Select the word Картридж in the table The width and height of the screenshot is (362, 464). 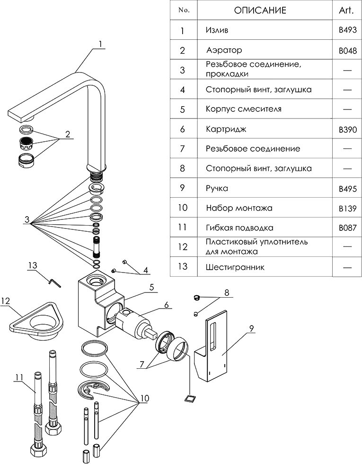(x=223, y=129)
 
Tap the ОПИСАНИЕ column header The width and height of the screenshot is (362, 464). (x=260, y=10)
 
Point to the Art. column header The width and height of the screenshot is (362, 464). (x=347, y=10)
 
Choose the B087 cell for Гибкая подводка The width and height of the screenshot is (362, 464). (x=347, y=227)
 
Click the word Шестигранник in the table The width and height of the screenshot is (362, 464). (x=235, y=267)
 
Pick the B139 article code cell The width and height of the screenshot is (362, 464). (x=347, y=208)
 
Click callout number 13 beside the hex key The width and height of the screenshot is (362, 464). (x=32, y=266)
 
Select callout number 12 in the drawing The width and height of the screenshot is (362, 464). (x=5, y=301)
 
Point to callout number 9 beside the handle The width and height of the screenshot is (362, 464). (x=251, y=327)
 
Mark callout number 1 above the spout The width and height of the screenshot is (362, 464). (x=100, y=44)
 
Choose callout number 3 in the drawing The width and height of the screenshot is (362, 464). (x=27, y=220)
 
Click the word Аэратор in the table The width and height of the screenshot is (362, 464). (x=224, y=50)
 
